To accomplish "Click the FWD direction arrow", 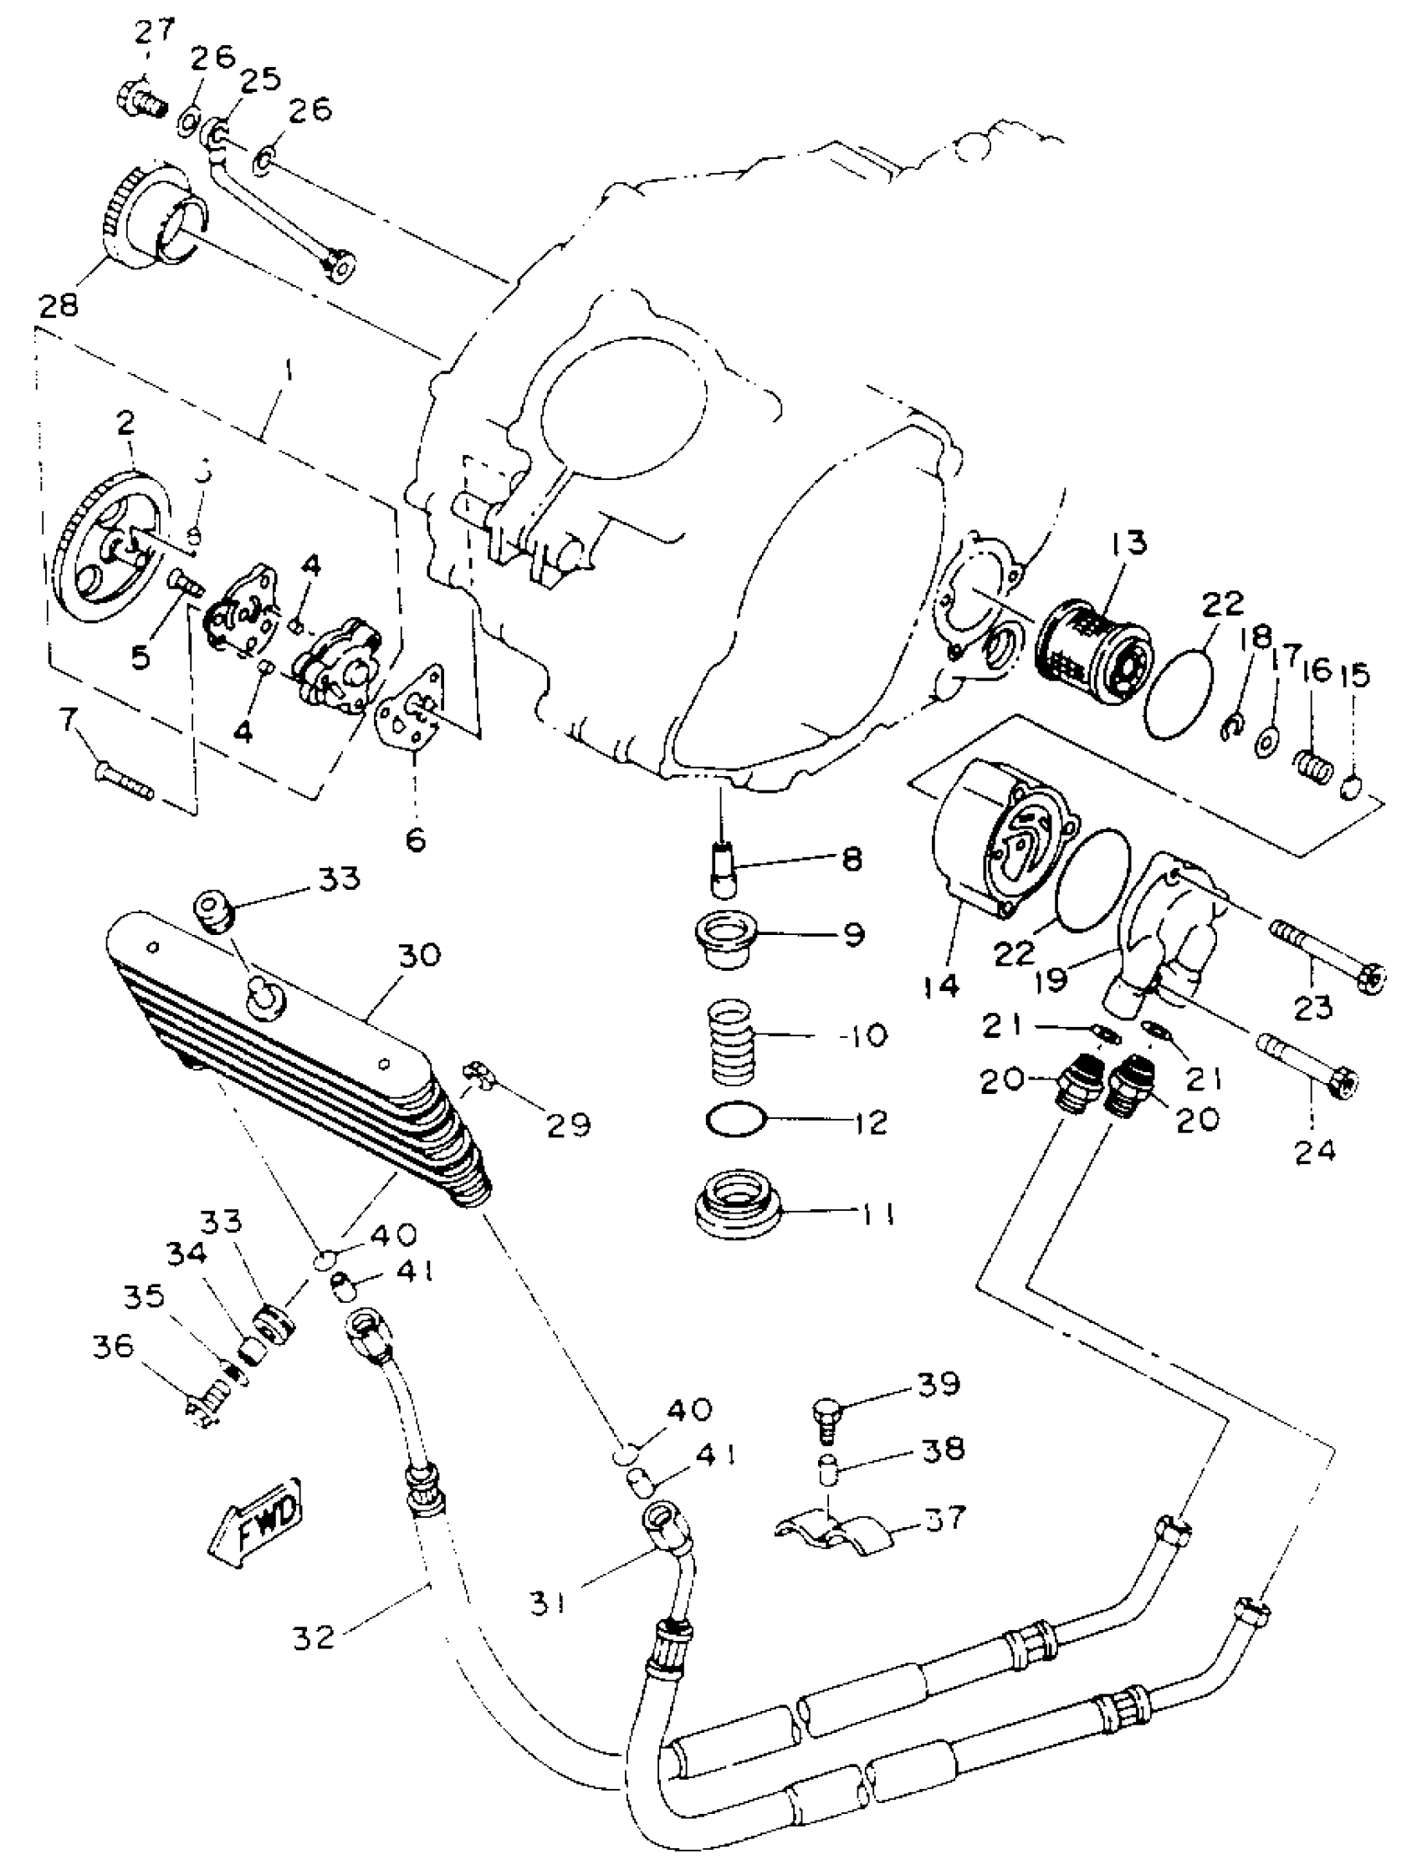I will point(255,1522).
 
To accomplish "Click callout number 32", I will point(314,1638).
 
